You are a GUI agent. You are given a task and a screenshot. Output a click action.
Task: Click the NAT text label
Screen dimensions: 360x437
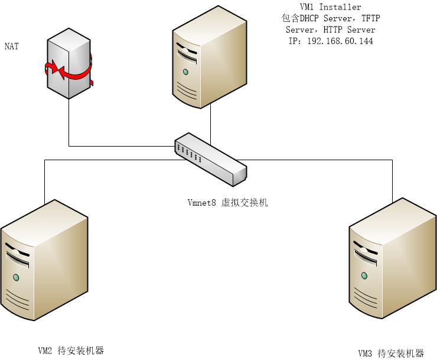pyautogui.click(x=11, y=46)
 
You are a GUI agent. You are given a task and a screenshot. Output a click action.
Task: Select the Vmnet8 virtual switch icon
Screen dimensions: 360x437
pyautogui.click(x=210, y=157)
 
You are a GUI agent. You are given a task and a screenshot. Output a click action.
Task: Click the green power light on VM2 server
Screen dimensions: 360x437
pyautogui.click(x=17, y=277)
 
